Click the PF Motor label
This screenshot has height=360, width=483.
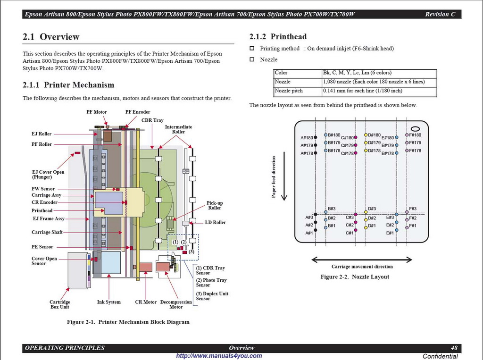(96, 112)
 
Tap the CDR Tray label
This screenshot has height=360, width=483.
(152, 120)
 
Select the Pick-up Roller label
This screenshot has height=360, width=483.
(215, 205)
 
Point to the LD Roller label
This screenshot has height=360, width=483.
(215, 223)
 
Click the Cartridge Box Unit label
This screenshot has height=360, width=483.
(60, 304)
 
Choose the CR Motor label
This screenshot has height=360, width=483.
(146, 302)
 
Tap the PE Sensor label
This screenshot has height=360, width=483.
(42, 247)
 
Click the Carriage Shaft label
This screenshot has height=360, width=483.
(47, 233)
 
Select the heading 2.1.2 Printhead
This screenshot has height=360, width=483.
(278, 37)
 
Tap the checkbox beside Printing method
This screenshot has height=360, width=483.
(252, 49)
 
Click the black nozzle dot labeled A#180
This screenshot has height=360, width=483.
(316, 137)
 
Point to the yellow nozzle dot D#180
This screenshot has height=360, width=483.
(366, 135)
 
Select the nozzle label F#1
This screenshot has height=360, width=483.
(413, 226)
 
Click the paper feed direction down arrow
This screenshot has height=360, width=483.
(284, 176)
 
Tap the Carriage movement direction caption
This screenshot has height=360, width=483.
(362, 267)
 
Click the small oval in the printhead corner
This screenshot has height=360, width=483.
(415, 129)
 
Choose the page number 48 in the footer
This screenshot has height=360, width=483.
(454, 348)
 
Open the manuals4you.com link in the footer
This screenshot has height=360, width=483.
(219, 356)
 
